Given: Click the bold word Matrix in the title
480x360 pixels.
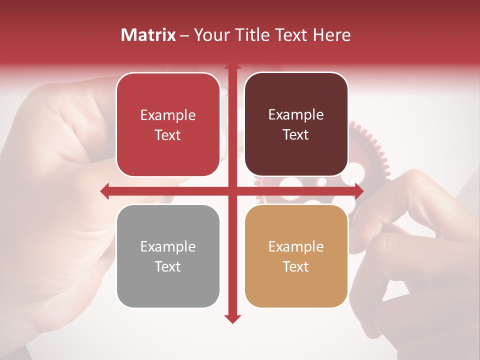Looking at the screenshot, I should (148, 35).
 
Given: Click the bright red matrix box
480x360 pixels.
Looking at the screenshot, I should (168, 125).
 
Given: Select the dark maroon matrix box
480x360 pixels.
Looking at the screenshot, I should (296, 125).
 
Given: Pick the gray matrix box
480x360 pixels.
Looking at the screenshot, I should (168, 256).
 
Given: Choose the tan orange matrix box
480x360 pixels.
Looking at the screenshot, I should (296, 256).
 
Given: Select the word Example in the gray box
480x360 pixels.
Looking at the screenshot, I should (168, 246).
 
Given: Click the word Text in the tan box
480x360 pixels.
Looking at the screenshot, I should (296, 266).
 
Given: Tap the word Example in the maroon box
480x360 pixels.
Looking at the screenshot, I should (296, 115).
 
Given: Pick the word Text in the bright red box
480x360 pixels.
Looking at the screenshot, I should (168, 135).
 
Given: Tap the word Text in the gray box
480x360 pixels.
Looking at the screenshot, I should (168, 266).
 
